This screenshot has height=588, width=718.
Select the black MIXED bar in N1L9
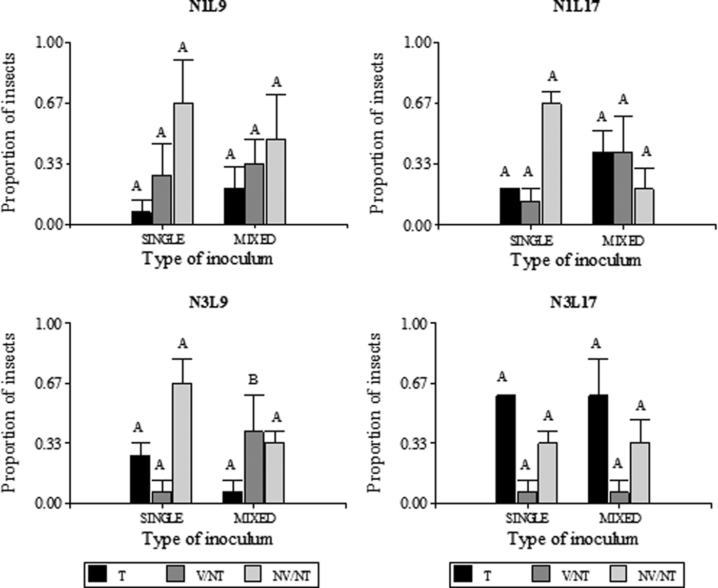coord(234,206)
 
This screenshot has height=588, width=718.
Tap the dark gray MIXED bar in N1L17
coord(623,188)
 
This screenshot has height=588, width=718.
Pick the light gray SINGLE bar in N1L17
coord(552,164)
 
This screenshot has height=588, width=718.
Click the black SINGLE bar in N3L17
coord(506,449)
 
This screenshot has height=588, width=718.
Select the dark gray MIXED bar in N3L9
coord(253,467)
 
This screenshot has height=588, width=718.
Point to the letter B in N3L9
coord(253,380)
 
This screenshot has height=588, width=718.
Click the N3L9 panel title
coord(208,302)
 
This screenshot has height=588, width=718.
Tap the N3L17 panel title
coord(573,302)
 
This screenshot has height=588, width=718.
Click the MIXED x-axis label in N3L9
coord(255,518)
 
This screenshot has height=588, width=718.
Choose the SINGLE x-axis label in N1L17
coord(531,241)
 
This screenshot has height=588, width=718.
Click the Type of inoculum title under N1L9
coord(207,259)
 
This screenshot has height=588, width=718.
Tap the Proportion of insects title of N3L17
coord(375,413)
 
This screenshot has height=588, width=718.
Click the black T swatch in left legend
coord(97,574)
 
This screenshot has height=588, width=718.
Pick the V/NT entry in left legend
coord(210,576)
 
